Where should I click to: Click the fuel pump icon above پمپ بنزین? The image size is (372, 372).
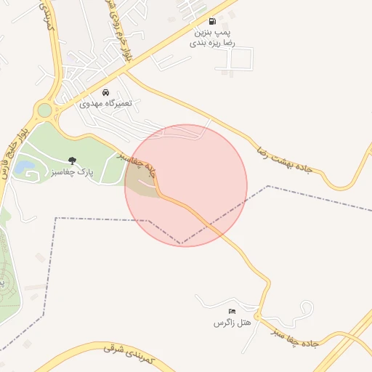pyautogui.click(x=212, y=21)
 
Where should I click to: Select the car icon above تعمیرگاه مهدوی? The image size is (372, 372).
pyautogui.click(x=107, y=93)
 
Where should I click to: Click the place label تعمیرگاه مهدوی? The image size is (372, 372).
pyautogui.click(x=107, y=105)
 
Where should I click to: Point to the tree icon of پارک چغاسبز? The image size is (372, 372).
pyautogui.click(x=71, y=160)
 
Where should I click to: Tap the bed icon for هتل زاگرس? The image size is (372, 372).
pyautogui.click(x=232, y=311)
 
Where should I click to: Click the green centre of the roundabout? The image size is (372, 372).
pyautogui.click(x=45, y=110)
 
